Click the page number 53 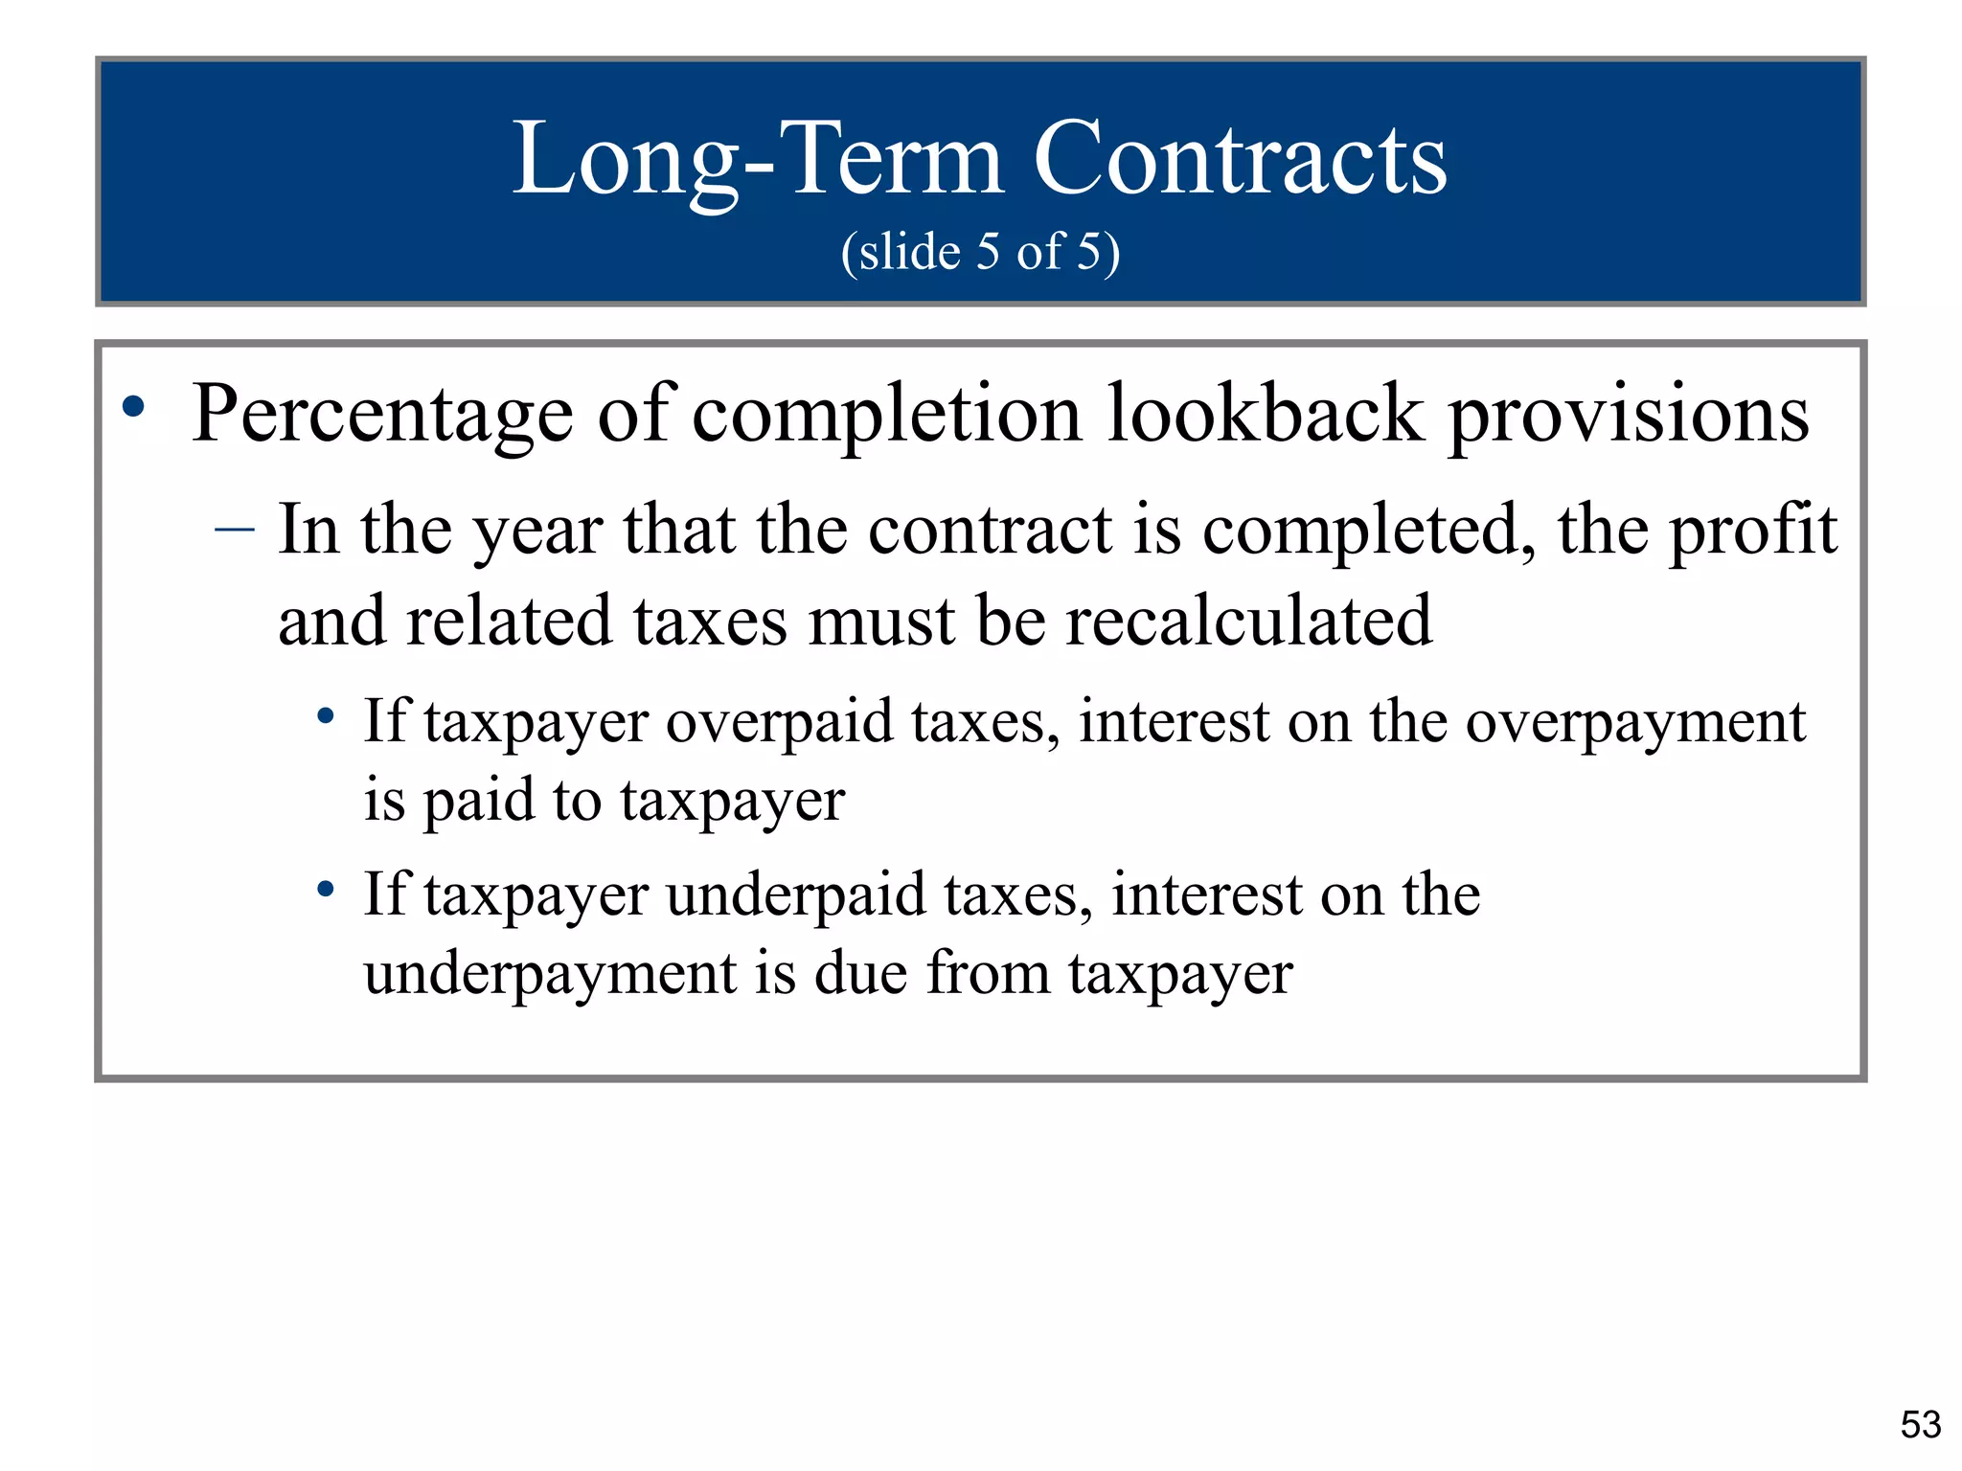[1920, 1425]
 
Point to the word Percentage [382, 416]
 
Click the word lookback [1265, 414]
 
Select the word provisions [1628, 416]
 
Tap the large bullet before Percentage [134, 408]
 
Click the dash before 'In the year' [235, 529]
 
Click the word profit [1753, 531]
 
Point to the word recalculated [1249, 621]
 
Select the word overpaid [780, 722]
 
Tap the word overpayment [1635, 724]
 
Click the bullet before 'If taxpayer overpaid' [326, 715]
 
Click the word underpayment [551, 975]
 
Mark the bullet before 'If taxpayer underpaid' [326, 890]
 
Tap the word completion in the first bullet [886, 416]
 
